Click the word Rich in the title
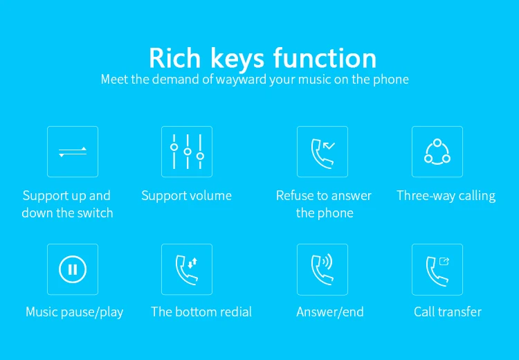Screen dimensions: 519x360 175,58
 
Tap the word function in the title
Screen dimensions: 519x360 325,58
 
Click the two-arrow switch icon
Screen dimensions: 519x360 73,152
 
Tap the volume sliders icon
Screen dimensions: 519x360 187,152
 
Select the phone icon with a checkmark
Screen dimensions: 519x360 322,154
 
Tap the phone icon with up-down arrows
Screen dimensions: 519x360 186,270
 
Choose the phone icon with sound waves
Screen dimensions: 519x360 322,270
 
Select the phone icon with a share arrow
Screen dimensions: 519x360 437,271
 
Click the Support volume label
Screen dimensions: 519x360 186,196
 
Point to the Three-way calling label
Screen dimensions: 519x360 446,196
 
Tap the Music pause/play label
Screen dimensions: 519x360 75,312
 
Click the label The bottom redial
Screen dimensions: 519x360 201,312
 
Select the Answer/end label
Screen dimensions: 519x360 330,312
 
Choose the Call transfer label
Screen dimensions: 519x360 448,312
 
